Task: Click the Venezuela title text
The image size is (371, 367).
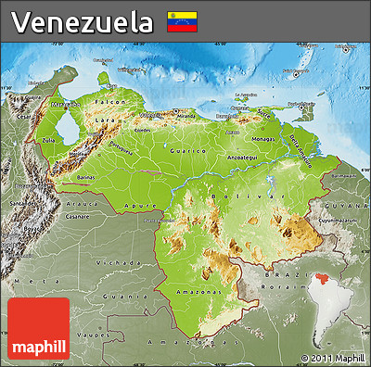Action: click(x=83, y=21)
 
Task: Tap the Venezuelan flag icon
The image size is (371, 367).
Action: click(x=180, y=21)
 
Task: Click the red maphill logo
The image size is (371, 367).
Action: click(x=38, y=328)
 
